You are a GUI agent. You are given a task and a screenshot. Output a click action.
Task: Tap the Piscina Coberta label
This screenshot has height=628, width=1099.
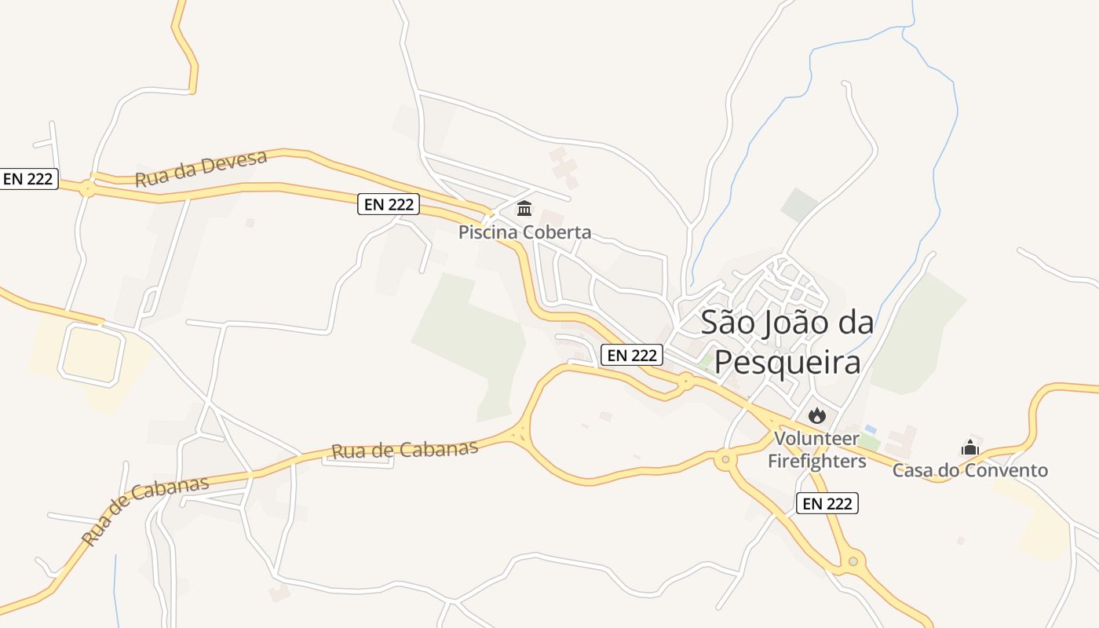tap(524, 232)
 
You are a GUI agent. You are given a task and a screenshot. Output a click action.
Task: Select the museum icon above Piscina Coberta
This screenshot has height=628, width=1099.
tap(524, 209)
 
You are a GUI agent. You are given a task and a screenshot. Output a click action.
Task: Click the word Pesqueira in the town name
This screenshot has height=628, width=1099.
tap(787, 363)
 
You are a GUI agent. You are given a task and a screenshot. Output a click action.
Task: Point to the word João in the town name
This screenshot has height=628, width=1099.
tap(787, 322)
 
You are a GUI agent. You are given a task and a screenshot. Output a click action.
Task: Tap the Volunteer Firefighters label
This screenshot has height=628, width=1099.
tap(816, 449)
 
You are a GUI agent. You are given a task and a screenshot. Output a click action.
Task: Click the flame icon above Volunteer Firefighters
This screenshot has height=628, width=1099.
tap(816, 414)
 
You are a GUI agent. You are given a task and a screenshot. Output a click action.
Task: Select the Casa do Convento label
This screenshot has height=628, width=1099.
tap(969, 470)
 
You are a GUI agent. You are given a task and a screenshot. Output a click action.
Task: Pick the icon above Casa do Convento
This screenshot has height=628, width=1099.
tap(970, 447)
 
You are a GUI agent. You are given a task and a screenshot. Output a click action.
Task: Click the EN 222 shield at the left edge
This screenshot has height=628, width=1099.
tap(28, 179)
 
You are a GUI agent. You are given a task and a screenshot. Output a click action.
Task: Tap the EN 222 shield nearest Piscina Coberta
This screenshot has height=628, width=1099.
tap(389, 205)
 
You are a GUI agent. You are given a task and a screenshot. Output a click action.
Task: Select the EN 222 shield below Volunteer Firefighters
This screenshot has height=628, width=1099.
tap(827, 503)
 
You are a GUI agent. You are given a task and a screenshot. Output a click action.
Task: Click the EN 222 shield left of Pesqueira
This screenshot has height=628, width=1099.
tap(632, 355)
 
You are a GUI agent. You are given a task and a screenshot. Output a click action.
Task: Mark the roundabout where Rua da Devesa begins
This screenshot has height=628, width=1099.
tap(86, 188)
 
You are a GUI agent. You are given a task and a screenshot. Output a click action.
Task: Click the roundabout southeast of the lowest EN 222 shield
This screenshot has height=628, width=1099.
tap(853, 561)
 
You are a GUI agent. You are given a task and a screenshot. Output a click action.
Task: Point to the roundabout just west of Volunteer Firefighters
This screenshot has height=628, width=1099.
tap(725, 459)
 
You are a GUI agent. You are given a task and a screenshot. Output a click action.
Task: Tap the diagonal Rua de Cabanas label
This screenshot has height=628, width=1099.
tap(145, 510)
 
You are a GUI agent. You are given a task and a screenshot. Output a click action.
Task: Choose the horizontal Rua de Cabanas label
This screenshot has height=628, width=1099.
tap(404, 450)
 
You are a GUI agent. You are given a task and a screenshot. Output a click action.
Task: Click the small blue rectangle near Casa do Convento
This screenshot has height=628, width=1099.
tap(870, 429)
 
